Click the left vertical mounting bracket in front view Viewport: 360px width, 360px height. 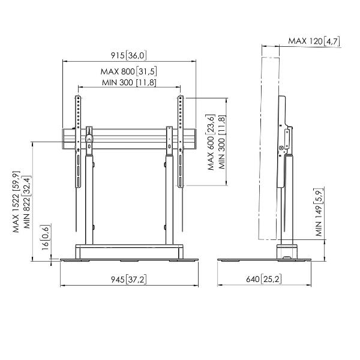[x=78, y=142]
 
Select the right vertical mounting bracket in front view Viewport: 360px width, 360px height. [x=181, y=142]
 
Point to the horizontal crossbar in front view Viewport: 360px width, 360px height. [x=129, y=139]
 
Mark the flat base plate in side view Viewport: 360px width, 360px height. [x=264, y=260]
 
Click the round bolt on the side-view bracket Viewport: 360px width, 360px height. [x=281, y=148]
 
